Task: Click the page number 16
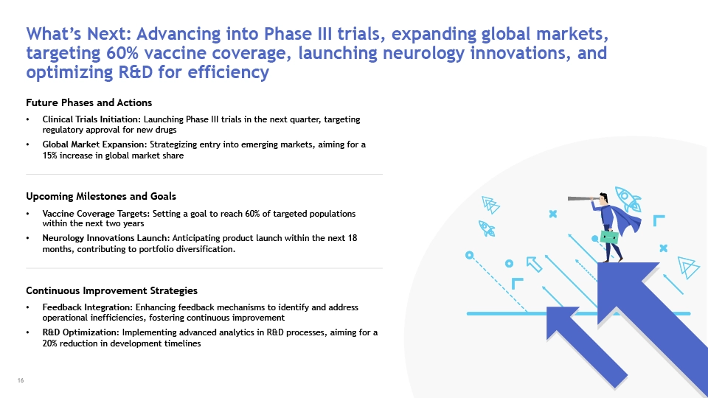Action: pos(21,380)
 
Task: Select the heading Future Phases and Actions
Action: pos(89,103)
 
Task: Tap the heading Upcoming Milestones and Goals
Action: pos(101,196)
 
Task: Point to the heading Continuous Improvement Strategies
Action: pos(111,290)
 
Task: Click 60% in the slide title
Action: pos(122,53)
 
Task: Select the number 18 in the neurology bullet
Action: pos(353,238)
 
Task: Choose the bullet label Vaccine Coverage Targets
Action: pos(97,214)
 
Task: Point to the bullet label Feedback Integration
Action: pos(88,307)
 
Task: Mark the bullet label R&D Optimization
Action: pos(81,332)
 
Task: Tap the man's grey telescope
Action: pos(583,198)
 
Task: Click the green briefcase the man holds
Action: pos(609,237)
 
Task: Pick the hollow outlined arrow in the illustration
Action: pos(534,264)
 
